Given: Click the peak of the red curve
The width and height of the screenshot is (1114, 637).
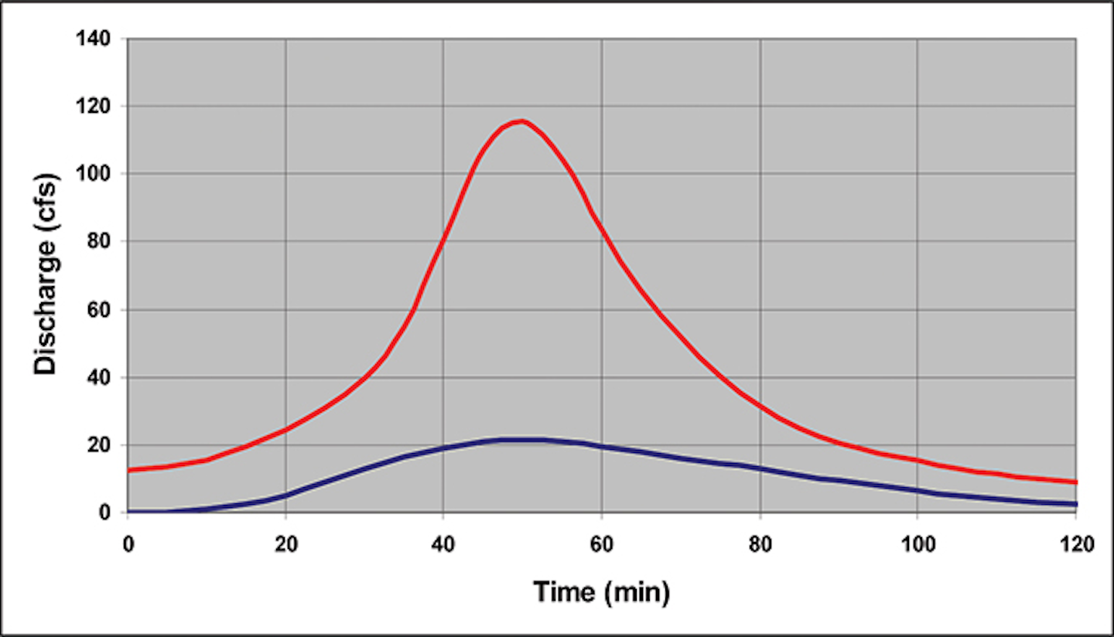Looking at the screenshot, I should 522,121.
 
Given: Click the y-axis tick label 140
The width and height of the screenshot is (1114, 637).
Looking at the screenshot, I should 99,38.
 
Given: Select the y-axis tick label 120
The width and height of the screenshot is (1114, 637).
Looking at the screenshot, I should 99,106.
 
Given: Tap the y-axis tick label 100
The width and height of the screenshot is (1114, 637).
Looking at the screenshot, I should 99,174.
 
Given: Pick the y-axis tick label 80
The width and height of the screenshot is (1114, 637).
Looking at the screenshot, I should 104,242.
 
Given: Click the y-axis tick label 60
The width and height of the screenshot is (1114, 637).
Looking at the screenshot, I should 104,310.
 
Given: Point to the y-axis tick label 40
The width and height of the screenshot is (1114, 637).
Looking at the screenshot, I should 104,378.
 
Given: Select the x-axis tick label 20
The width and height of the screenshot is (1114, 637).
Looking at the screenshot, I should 285,544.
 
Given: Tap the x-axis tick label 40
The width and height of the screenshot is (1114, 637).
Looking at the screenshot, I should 443,544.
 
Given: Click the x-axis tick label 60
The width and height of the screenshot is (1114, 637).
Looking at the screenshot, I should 601,544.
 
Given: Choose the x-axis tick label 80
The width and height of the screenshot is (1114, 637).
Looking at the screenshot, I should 760,544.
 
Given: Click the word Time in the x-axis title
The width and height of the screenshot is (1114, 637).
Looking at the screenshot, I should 564,593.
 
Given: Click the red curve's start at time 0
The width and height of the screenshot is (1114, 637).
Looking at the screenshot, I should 129,470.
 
